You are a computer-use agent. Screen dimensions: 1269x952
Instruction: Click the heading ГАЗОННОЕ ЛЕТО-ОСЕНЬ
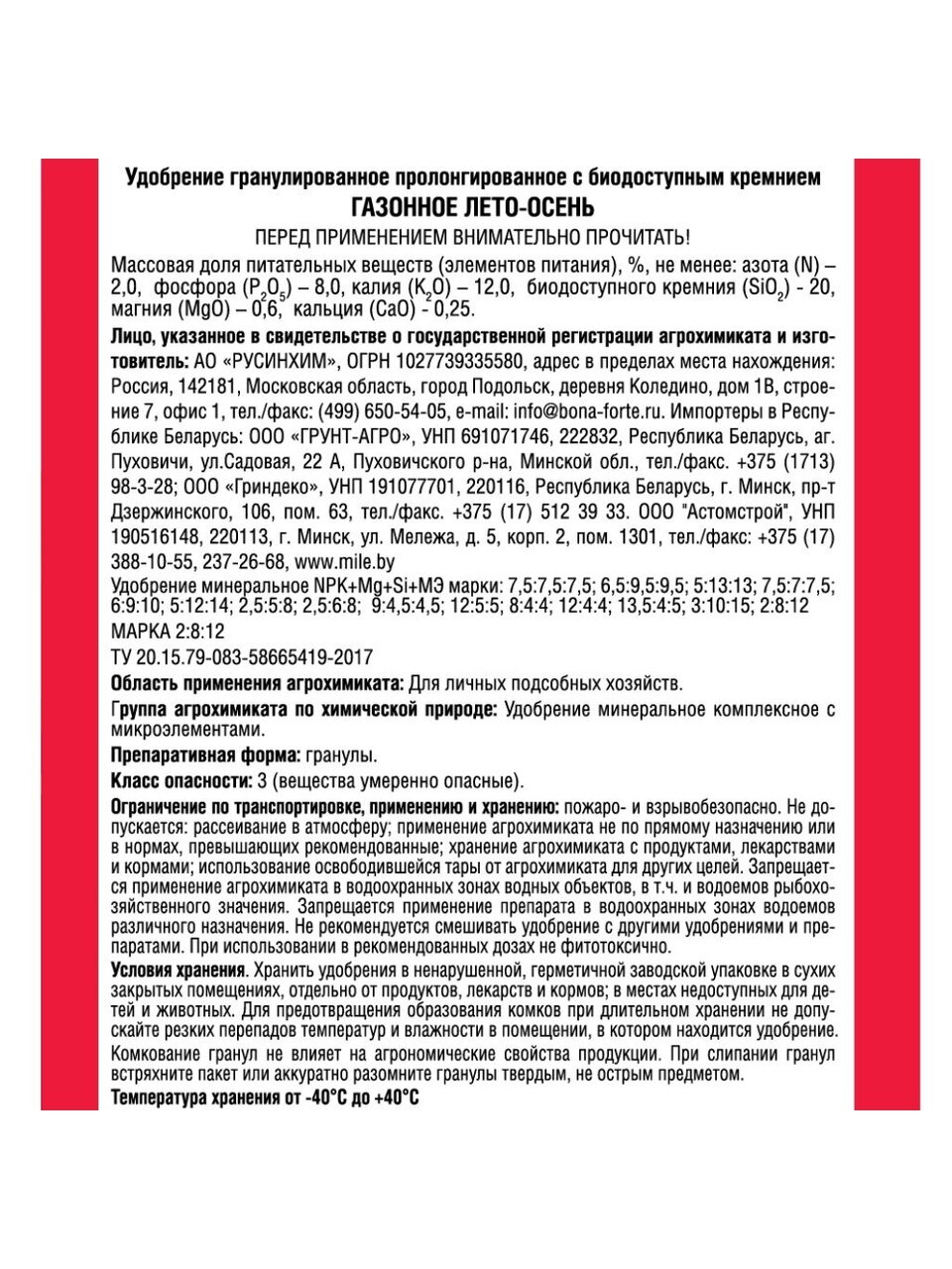pyautogui.click(x=473, y=207)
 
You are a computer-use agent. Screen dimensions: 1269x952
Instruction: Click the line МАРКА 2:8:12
pyautogui.click(x=169, y=632)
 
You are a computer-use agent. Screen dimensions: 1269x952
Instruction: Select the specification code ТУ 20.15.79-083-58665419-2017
pyautogui.click(x=243, y=657)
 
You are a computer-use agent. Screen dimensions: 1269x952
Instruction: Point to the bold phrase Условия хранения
pyautogui.click(x=178, y=968)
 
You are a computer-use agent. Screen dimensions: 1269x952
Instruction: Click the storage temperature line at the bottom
pyautogui.click(x=265, y=1099)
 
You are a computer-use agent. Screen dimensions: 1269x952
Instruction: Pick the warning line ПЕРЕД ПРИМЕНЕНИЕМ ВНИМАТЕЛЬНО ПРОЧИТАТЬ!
pyautogui.click(x=472, y=238)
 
